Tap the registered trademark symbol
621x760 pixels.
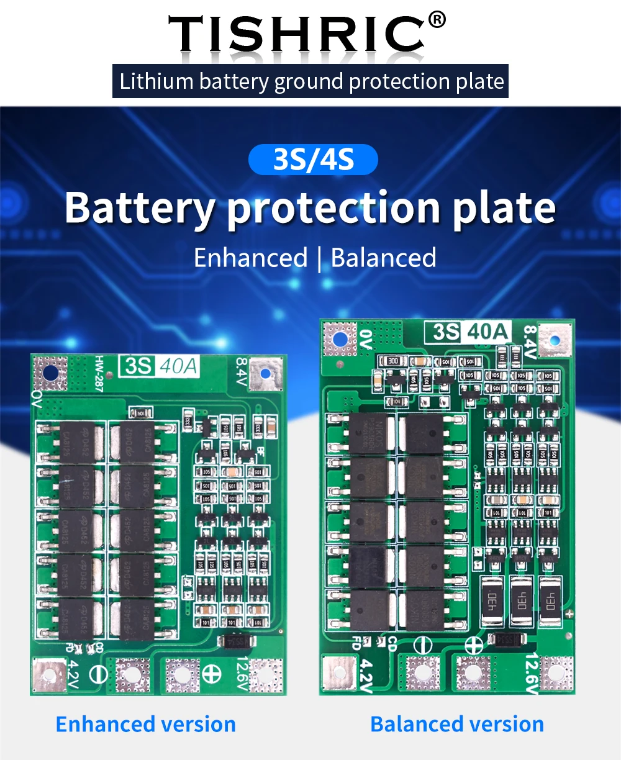tap(437, 20)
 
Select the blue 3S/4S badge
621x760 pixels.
tap(313, 160)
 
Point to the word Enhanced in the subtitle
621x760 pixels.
tap(250, 258)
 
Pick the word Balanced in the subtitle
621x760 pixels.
tap(384, 258)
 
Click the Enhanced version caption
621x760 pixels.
tap(146, 724)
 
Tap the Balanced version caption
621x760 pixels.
tap(457, 724)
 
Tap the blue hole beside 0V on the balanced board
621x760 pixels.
tap(339, 339)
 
